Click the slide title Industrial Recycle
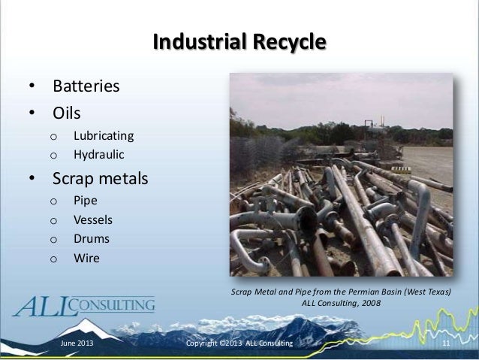click(239, 41)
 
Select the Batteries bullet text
click(85, 86)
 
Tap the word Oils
click(66, 113)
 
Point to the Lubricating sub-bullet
click(103, 136)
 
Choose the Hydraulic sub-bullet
click(98, 156)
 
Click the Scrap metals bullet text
click(99, 180)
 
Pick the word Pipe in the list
click(85, 201)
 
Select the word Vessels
click(92, 220)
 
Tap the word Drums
click(91, 239)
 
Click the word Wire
click(86, 259)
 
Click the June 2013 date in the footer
click(77, 344)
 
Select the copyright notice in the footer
click(239, 344)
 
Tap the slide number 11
click(446, 344)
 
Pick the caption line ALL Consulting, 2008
click(341, 304)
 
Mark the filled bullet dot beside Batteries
click(32, 87)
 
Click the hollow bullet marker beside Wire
click(53, 259)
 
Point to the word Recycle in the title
click(288, 41)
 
